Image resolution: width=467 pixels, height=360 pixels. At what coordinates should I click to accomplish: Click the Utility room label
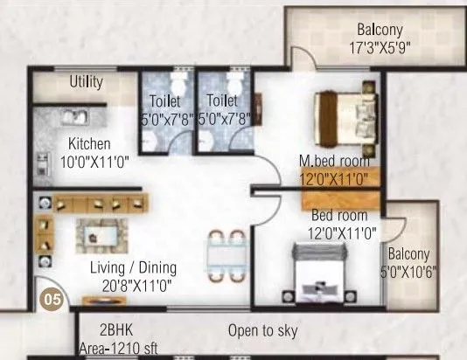pos(87,83)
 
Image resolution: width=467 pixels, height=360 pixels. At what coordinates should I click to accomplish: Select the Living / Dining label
pos(134,267)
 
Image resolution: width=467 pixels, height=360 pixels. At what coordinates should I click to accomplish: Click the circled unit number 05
pos(52,299)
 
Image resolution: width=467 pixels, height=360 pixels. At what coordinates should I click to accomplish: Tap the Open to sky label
pos(262,331)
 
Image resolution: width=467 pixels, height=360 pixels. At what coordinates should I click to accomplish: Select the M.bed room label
pos(333,161)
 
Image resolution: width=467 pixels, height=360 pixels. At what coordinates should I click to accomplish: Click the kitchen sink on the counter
pos(69,115)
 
